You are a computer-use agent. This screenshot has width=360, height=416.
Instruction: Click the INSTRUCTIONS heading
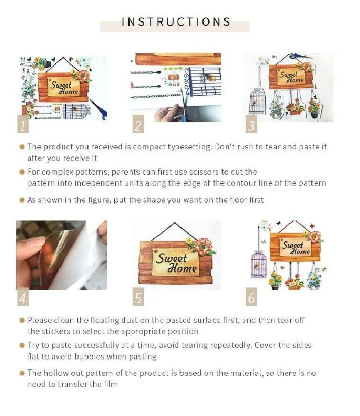176,22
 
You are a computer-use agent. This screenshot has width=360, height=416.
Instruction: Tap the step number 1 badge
23,124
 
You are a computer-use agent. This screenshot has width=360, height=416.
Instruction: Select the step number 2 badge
138,124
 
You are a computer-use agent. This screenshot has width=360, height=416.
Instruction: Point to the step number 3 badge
251,124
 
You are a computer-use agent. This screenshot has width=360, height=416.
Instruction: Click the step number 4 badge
23,297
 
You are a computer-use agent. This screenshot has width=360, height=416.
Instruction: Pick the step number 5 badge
138,297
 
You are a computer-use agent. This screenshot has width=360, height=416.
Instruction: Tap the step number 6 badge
251,297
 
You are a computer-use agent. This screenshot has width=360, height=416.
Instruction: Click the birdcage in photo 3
257,101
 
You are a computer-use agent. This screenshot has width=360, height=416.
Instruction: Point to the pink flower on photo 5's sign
204,245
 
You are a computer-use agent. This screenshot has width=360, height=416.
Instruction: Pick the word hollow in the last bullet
56,373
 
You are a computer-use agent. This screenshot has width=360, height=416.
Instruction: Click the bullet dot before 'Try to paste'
22,345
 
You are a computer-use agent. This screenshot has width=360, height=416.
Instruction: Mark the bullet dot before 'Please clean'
22,320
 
